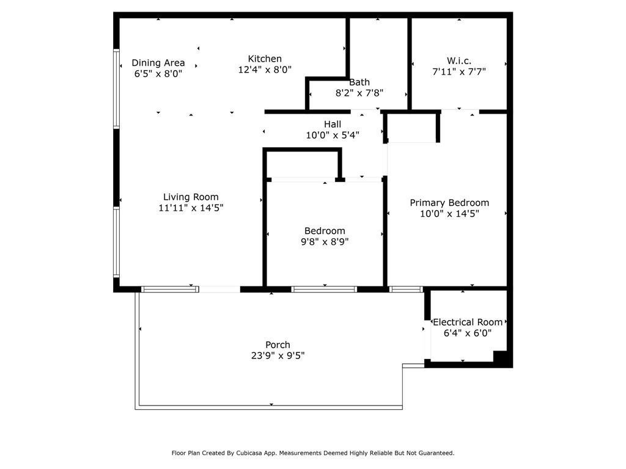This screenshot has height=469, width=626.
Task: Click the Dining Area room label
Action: [x=158, y=63]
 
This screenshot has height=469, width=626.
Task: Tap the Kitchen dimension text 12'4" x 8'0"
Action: [x=265, y=70]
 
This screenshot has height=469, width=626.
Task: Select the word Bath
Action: [x=359, y=82]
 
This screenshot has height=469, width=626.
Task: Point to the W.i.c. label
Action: [x=458, y=60]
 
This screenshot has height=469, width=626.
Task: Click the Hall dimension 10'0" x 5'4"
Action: [x=333, y=135]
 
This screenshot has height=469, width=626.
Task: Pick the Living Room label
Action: [x=191, y=197]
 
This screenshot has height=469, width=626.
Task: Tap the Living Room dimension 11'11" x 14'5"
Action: [x=191, y=208]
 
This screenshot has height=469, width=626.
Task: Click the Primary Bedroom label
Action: [x=449, y=203]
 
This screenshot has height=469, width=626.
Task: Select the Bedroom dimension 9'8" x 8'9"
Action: [x=325, y=242]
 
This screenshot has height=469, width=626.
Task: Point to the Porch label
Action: [x=278, y=344]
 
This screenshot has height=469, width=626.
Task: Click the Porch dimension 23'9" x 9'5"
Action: [x=278, y=355]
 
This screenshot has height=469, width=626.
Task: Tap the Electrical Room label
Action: [x=468, y=322]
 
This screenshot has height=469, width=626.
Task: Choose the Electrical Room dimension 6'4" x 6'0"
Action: [x=468, y=333]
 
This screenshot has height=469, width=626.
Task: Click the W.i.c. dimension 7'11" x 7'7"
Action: [x=459, y=72]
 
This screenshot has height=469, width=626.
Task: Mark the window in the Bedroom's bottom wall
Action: [x=324, y=289]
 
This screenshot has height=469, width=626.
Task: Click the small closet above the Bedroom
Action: [x=302, y=164]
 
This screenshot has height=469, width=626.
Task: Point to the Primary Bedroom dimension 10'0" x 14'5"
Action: [x=449, y=214]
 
